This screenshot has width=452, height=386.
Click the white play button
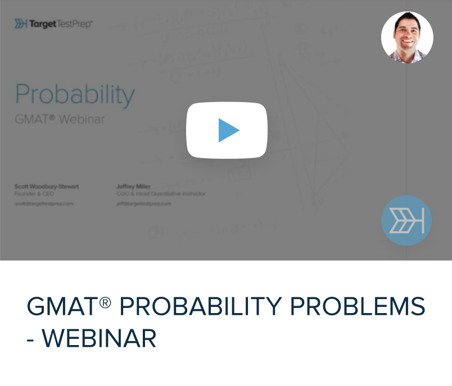point(227,130)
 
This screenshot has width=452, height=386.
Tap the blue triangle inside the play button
point(228,130)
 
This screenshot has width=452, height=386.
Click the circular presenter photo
point(407,37)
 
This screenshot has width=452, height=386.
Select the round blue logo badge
point(406,220)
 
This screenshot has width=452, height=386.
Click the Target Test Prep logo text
point(61,24)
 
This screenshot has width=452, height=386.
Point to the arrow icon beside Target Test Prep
point(21,24)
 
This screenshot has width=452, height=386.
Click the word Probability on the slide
point(75,95)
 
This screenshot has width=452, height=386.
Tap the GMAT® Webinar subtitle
point(60,119)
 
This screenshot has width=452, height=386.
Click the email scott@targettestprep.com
point(44,204)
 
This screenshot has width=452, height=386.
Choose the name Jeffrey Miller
point(133,186)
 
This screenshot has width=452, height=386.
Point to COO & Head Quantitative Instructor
point(161,194)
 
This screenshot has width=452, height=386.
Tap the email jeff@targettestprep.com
point(143,204)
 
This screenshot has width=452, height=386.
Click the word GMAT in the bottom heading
point(62,307)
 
